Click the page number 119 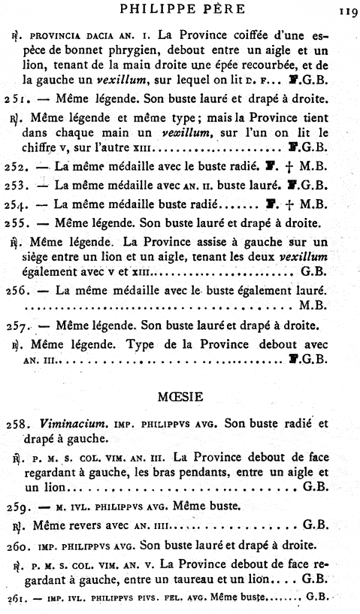pyautogui.click(x=346, y=11)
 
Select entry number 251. pyautogui.click(x=14, y=99)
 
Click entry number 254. pyautogui.click(x=14, y=204)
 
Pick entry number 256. pyautogui.click(x=14, y=290)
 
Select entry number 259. pyautogui.click(x=14, y=505)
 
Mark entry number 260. pyautogui.click(x=14, y=543)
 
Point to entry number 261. pyautogui.click(x=13, y=599)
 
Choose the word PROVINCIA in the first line pyautogui.click(x=61, y=35)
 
